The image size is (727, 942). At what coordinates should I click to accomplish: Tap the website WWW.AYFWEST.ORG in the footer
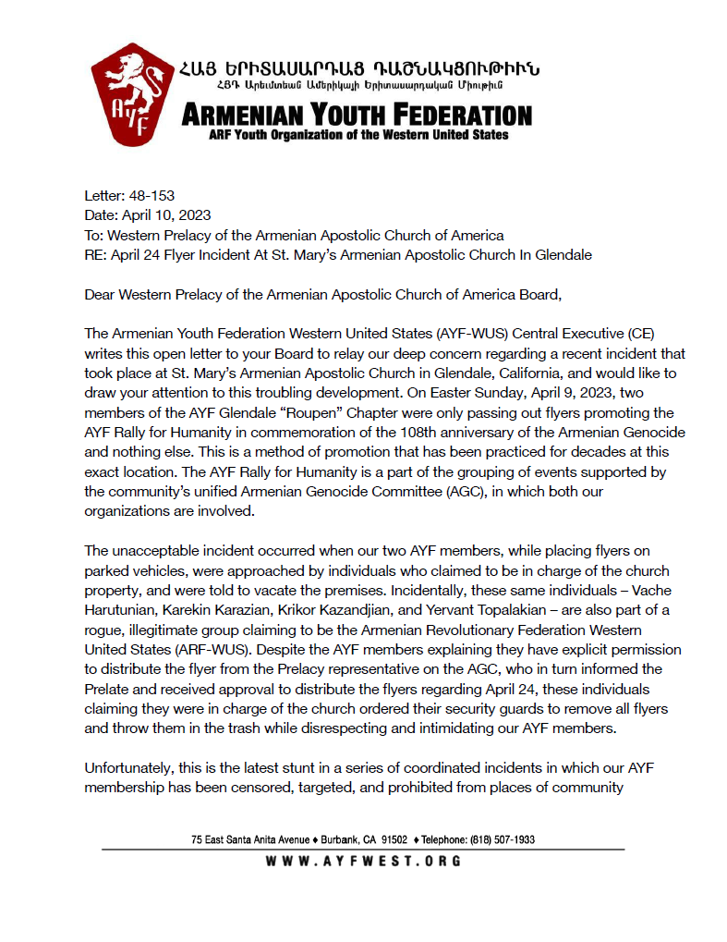tap(363, 861)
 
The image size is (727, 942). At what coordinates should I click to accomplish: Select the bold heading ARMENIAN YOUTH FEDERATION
tap(357, 116)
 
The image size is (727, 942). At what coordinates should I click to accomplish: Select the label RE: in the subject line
tap(95, 254)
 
